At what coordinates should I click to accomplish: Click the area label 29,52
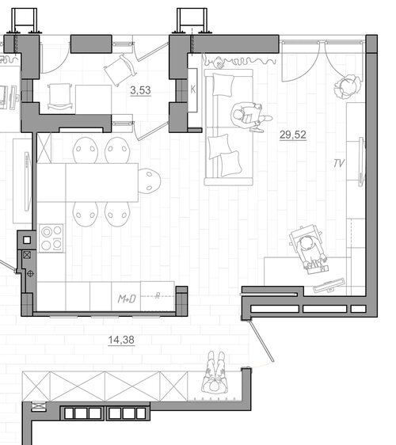(293, 135)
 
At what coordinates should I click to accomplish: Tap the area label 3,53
(140, 90)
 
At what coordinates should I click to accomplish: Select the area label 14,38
(121, 340)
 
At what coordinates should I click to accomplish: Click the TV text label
(339, 163)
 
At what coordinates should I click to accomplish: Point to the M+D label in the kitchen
(127, 299)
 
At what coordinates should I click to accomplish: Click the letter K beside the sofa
(193, 89)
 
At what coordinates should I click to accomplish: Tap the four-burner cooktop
(51, 238)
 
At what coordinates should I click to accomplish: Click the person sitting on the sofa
(249, 117)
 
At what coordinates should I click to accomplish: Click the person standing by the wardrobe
(215, 373)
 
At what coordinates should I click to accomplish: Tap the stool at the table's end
(150, 181)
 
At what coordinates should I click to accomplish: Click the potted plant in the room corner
(348, 86)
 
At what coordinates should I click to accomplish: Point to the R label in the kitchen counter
(158, 295)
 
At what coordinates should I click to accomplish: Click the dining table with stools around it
(87, 182)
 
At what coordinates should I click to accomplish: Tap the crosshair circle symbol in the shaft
(30, 274)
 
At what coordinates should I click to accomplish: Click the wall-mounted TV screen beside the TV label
(362, 162)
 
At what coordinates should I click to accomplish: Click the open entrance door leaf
(261, 340)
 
